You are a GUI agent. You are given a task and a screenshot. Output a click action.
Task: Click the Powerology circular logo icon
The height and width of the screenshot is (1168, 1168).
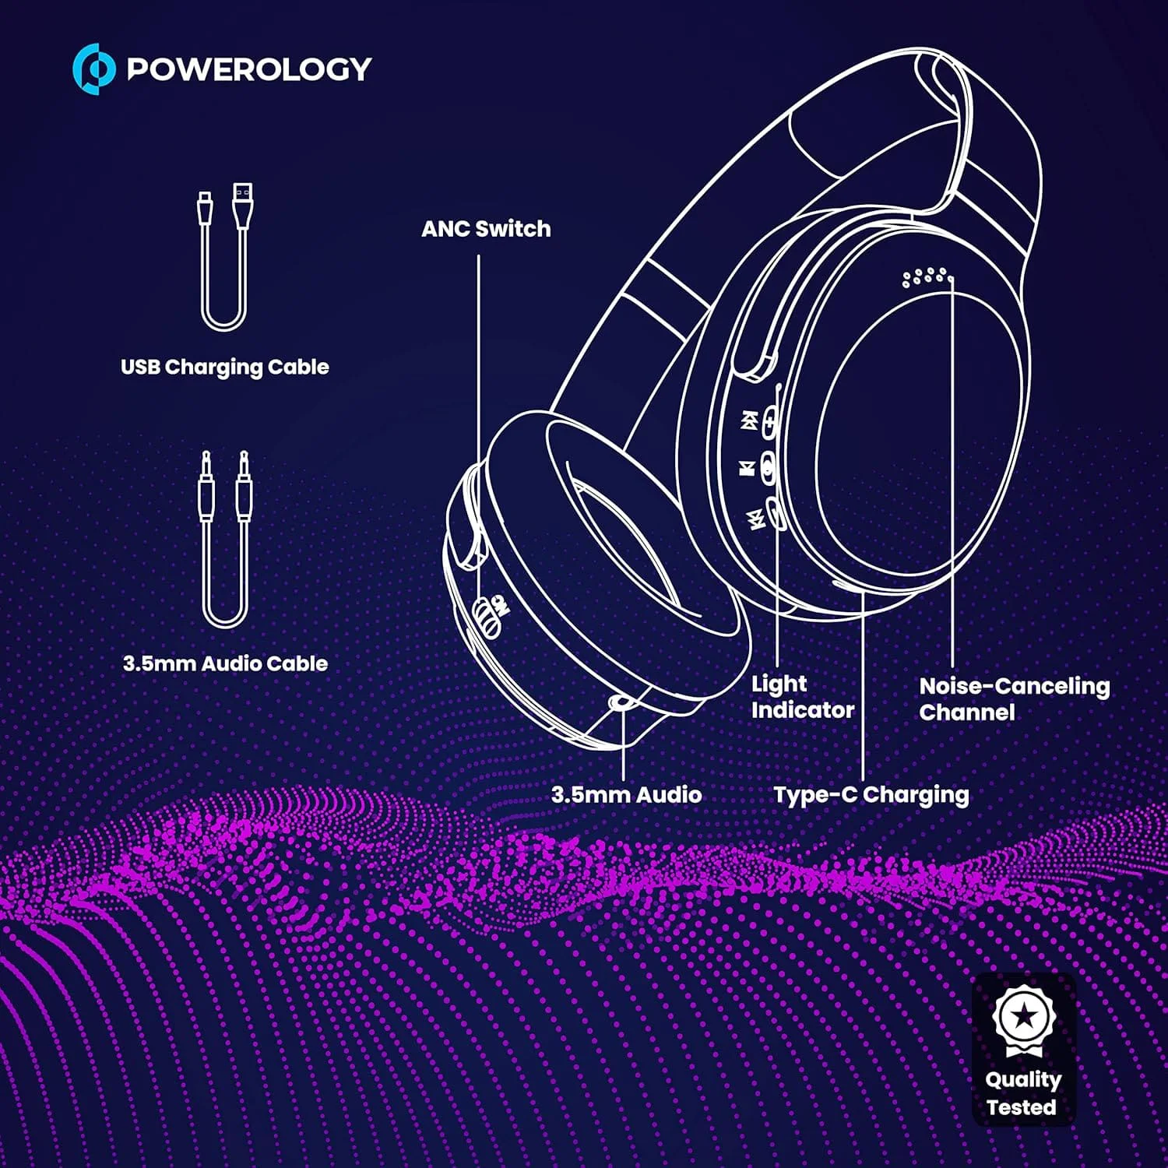[x=94, y=69]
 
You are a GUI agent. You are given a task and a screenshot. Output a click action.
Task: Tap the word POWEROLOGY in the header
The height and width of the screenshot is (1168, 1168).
[x=249, y=69]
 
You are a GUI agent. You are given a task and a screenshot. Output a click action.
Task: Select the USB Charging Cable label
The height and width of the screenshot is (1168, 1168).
[x=225, y=368]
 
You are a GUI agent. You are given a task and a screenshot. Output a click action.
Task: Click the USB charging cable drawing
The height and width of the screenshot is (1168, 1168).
[x=225, y=257]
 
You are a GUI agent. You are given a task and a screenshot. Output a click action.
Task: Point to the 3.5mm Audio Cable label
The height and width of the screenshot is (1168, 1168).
[x=225, y=663]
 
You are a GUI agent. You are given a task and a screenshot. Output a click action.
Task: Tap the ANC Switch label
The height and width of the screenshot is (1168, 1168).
[x=486, y=229]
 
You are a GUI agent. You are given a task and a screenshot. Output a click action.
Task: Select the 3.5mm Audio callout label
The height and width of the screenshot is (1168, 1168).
[x=626, y=794]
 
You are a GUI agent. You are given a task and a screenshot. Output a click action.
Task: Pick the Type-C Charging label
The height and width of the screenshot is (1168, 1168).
[x=871, y=795]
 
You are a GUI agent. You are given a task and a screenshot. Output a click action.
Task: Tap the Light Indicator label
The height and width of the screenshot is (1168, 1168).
[x=802, y=697]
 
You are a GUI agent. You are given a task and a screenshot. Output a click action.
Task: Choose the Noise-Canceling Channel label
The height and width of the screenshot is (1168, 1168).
[x=1014, y=698]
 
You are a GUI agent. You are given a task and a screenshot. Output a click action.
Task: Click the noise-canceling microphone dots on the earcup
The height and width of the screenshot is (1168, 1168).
[x=926, y=276]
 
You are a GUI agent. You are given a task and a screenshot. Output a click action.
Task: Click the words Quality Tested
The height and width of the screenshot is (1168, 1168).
[x=1023, y=1093]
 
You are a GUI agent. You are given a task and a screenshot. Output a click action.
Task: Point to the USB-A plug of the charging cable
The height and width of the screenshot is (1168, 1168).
[x=243, y=202]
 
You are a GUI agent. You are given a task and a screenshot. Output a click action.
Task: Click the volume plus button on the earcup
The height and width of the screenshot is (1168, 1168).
[x=769, y=421]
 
